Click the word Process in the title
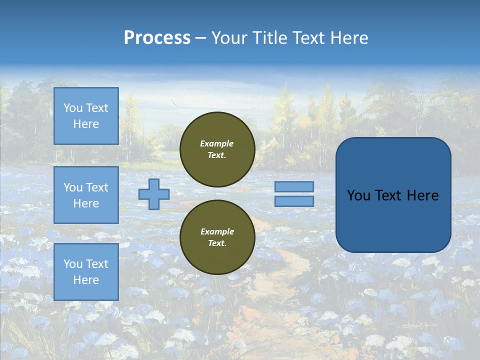[157, 38]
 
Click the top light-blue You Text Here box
[86, 116]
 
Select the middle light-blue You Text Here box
[86, 195]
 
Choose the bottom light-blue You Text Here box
[86, 271]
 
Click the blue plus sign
[154, 194]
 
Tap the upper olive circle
[217, 149]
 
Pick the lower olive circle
[217, 237]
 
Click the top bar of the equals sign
[294, 186]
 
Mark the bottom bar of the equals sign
[294, 201]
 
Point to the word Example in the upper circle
[217, 143]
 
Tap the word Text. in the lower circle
[217, 243]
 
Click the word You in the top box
[72, 108]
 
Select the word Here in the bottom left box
[86, 280]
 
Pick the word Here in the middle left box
[86, 203]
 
